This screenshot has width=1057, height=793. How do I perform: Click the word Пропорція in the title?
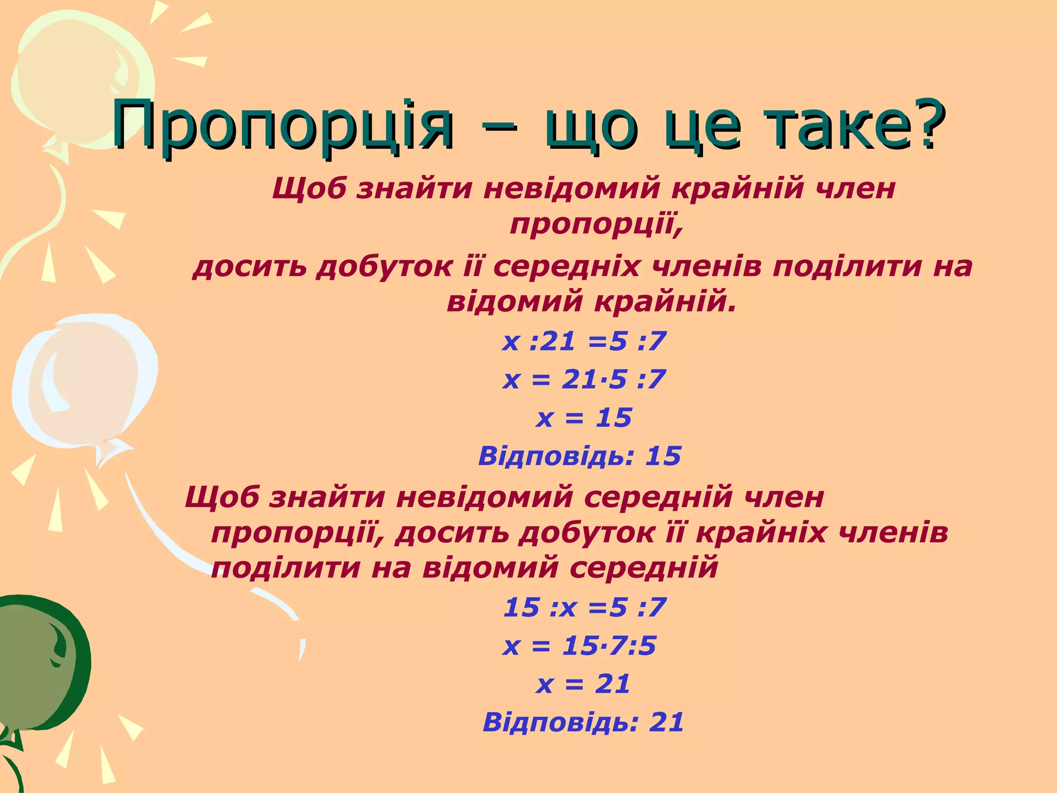coord(283,125)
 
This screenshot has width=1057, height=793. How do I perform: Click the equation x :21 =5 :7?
coord(584,342)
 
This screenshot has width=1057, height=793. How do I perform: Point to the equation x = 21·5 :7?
coord(584,380)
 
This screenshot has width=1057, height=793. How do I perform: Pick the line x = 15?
coord(584,418)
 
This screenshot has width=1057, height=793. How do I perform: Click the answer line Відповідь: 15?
coord(580,456)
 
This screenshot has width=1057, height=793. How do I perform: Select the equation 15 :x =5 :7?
coord(585,608)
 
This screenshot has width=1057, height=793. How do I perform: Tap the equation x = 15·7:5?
coord(580,646)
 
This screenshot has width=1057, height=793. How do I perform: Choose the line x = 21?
coord(584,684)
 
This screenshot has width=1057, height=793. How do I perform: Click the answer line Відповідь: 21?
coord(583,722)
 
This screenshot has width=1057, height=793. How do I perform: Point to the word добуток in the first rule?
coord(385,267)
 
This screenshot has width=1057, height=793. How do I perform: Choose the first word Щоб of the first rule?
coord(309,189)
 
